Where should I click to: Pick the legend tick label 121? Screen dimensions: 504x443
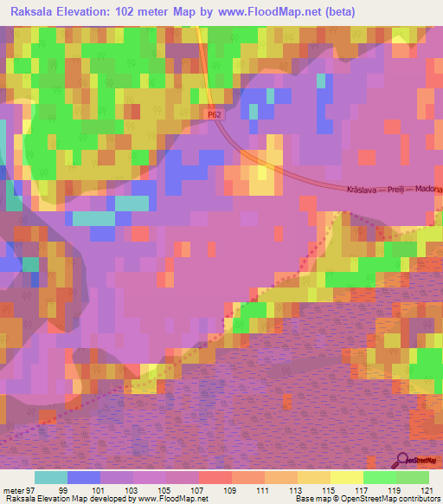tap(424, 489)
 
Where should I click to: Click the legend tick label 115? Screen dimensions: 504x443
tap(327, 489)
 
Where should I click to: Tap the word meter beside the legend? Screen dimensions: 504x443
tap(15, 489)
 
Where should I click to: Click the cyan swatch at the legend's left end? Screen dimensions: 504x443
tap(50, 477)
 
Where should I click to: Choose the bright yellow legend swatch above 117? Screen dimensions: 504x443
tap(346, 477)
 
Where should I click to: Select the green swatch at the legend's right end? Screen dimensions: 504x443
tap(412, 477)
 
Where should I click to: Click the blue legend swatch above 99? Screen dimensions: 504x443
tap(83, 477)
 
